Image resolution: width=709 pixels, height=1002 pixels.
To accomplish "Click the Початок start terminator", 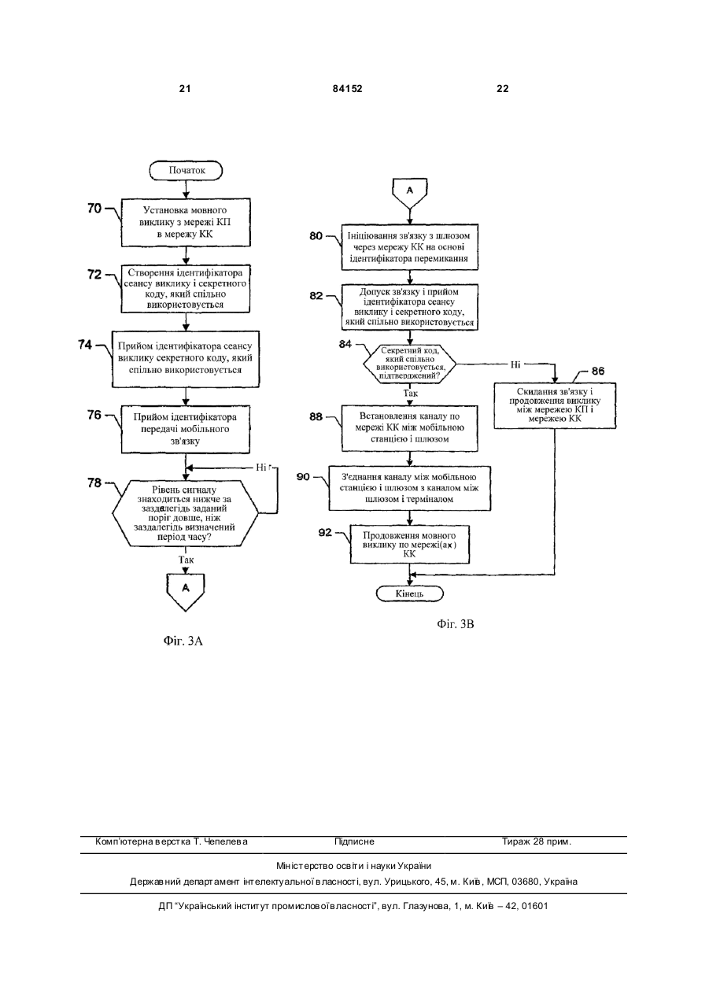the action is tap(186, 171).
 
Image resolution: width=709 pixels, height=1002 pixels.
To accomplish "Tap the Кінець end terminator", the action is tap(409, 593).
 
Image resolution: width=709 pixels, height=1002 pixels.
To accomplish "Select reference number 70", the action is tap(95, 209).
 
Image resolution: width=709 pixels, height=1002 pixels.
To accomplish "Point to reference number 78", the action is tap(95, 483).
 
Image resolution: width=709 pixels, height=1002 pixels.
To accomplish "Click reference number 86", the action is tap(598, 371).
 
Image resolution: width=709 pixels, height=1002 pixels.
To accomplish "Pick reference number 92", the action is tap(325, 532).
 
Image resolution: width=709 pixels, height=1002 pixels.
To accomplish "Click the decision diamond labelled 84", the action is tap(409, 364).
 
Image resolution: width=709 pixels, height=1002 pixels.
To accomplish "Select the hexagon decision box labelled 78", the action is tap(185, 513).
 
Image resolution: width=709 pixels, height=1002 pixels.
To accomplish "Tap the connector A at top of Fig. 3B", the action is tap(410, 194).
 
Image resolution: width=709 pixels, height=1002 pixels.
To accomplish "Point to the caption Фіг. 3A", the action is tap(183, 641).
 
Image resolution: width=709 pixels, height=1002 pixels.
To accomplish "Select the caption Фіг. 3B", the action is tap(456, 623).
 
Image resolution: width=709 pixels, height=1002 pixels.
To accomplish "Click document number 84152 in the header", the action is tap(348, 89).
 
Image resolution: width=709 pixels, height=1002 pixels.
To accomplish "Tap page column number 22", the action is tap(503, 89).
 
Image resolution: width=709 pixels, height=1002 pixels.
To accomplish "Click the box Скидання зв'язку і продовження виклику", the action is tap(555, 405).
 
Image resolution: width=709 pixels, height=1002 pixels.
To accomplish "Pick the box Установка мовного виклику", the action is tap(186, 222).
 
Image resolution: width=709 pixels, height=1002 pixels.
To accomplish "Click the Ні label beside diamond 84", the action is tap(515, 364).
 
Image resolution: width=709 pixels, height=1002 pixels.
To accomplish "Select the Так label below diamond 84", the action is tap(410, 394).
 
